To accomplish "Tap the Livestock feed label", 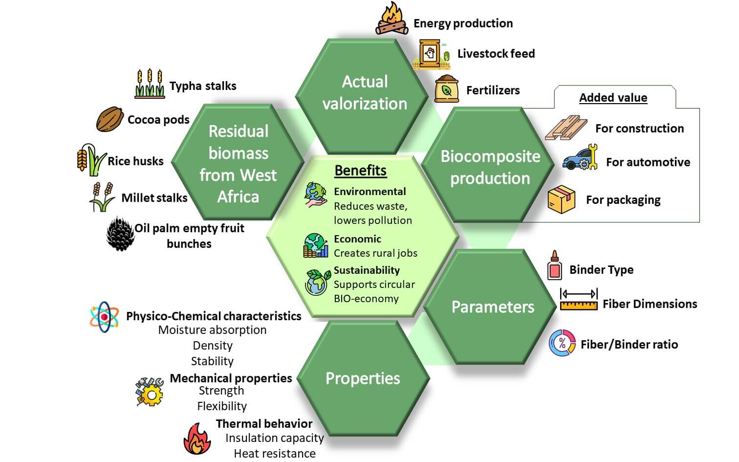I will click(496, 54).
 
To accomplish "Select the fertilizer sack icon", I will click(446, 89).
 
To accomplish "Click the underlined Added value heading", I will click(613, 98).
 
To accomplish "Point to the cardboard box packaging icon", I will click(561, 199).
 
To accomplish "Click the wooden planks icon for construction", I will click(566, 128).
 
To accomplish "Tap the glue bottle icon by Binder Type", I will click(554, 266).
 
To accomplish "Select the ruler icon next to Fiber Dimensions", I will click(579, 300).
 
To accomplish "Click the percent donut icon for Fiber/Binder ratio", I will click(562, 343).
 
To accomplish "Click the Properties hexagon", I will click(363, 378).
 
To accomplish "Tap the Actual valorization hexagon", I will click(365, 93).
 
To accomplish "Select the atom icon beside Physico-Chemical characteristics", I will click(104, 317).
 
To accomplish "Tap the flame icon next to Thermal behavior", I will click(197, 439).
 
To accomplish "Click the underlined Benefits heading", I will click(360, 170).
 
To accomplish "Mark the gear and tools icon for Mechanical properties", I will click(149, 391).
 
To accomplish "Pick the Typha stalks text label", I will click(202, 86).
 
